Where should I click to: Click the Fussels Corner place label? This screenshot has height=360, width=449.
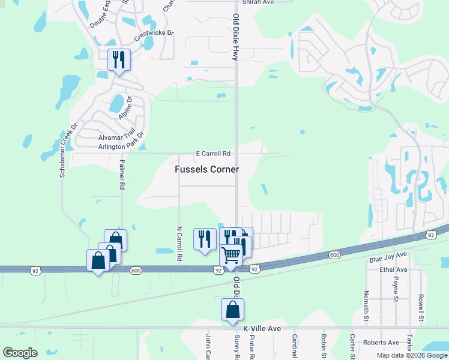point(206,170)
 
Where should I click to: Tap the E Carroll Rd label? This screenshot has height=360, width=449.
point(214,154)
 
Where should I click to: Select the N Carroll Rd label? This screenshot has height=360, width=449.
point(179,244)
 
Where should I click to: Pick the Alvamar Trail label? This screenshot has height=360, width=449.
point(116,137)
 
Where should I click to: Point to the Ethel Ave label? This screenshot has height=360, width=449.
point(393,270)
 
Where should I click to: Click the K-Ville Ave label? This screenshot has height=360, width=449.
point(262,329)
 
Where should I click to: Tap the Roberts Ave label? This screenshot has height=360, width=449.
point(381,343)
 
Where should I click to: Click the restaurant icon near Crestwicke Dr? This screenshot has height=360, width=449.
point(119,60)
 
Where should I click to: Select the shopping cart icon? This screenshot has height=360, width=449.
point(231,256)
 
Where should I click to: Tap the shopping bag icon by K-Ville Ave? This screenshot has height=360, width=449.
point(232,310)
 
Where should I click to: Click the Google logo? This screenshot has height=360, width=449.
point(20,353)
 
